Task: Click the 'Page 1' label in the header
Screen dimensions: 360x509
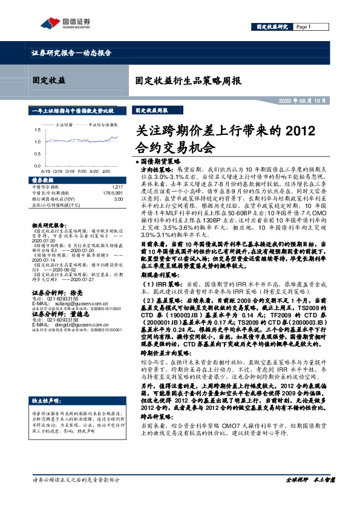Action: pyautogui.click(x=304, y=27)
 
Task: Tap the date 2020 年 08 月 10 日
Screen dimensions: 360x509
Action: pyautogui.click(x=306, y=100)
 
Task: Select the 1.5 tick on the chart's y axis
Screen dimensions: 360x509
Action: pyautogui.click(x=38, y=129)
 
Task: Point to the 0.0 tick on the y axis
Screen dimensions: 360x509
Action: pyautogui.click(x=38, y=166)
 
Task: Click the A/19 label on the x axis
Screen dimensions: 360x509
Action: pyautogui.click(x=46, y=171)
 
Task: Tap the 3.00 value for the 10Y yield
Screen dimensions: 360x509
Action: pyautogui.click(x=119, y=198)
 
